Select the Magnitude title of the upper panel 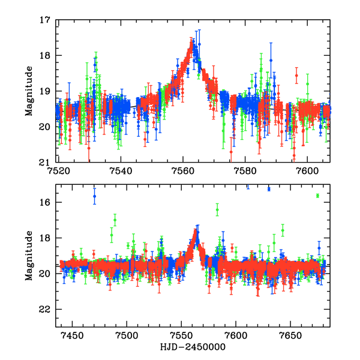point(29,91)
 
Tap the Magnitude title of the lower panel point(29,256)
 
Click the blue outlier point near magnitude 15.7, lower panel point(94,196)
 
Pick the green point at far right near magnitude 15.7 point(317,196)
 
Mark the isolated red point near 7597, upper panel point(296,76)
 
